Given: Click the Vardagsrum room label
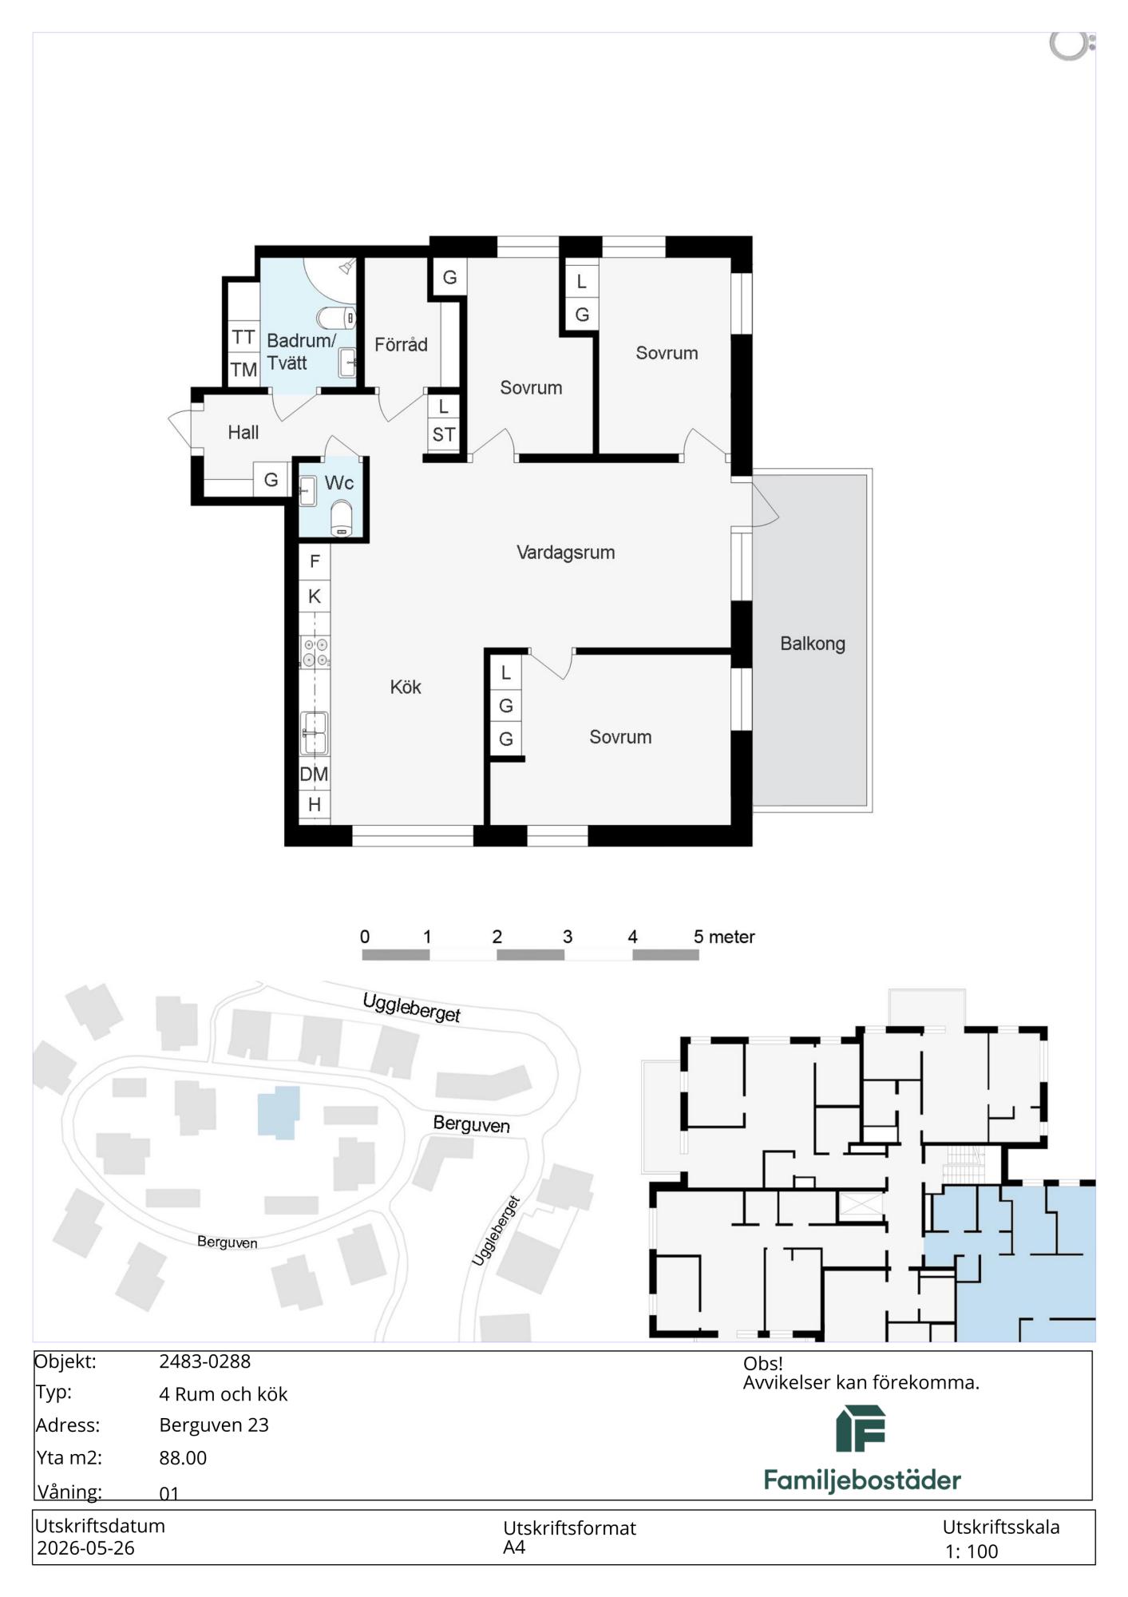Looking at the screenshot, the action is [565, 553].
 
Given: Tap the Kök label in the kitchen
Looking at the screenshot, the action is [406, 687].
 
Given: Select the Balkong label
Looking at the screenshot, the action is [813, 644].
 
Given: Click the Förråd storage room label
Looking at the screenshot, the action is [402, 345].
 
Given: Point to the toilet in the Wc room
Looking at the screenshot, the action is [341, 518].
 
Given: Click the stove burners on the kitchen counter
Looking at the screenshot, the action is [315, 652].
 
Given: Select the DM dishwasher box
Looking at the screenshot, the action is [315, 774].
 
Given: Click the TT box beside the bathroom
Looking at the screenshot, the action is [243, 338].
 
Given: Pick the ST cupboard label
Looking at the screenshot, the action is [444, 435].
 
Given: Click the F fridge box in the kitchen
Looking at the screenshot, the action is [315, 561].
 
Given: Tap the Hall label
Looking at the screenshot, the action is [243, 433].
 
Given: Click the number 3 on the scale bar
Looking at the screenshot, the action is [568, 937].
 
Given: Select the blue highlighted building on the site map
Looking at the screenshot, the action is [279, 1111].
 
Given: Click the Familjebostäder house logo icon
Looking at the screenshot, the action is [861, 1429].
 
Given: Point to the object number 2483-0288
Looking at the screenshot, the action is [205, 1361].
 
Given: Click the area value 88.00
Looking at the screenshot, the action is [183, 1458].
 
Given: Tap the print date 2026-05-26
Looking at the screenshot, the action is [85, 1548].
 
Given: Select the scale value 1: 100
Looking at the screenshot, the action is [972, 1551].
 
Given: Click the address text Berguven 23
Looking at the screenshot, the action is [214, 1425].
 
